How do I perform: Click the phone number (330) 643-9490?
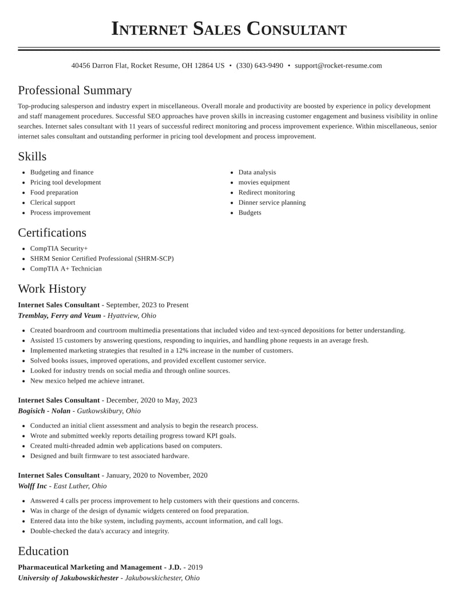(259, 66)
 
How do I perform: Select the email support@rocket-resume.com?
(338, 66)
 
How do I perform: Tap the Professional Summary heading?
(74, 90)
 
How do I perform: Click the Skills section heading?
(32, 157)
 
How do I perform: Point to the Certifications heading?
(52, 233)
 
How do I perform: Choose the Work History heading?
(52, 289)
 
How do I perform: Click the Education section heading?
(43, 551)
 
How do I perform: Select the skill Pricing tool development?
(65, 182)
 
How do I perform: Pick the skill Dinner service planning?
(272, 202)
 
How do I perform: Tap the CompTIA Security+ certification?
(59, 249)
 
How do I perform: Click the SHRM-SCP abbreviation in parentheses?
(154, 259)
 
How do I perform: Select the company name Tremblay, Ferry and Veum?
(60, 316)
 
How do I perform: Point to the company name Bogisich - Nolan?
(44, 411)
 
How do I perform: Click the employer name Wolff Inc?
(33, 486)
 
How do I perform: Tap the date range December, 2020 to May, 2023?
(152, 400)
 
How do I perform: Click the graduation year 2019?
(195, 567)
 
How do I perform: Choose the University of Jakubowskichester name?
(68, 578)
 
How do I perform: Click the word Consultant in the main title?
(297, 29)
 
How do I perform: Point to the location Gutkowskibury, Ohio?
(109, 411)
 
